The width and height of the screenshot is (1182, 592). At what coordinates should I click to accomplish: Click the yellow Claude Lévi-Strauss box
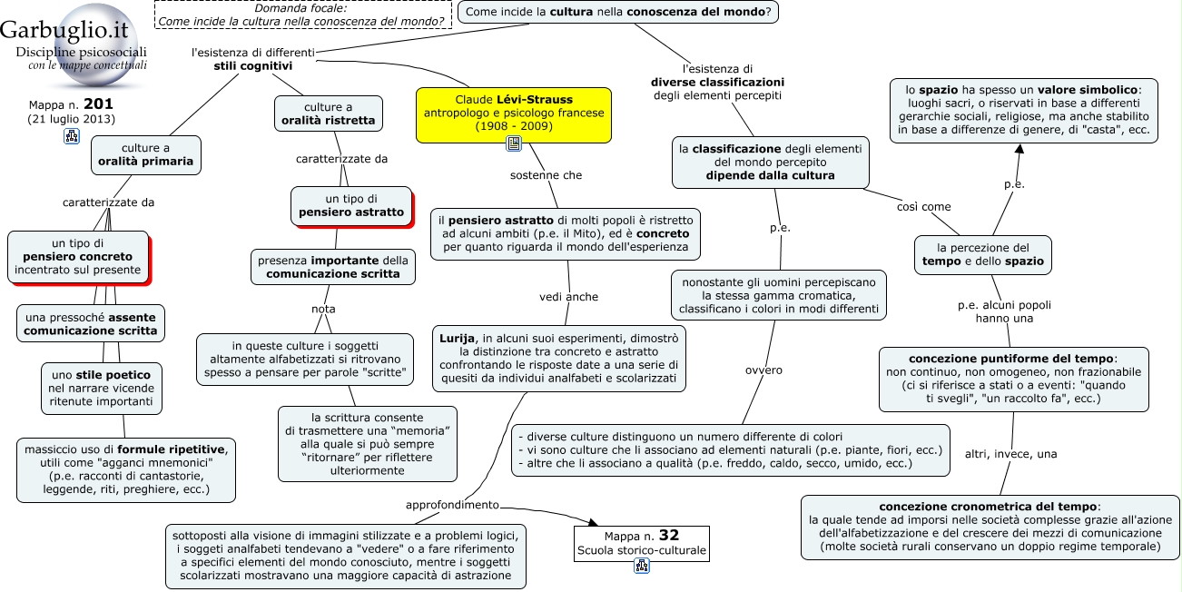[514, 115]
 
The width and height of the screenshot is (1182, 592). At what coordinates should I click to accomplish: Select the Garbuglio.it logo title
[64, 30]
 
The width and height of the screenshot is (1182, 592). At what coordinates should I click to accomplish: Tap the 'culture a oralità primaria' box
[145, 155]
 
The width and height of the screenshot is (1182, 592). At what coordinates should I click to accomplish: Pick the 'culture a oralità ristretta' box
[329, 113]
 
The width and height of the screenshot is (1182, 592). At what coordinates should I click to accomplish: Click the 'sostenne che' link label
[546, 175]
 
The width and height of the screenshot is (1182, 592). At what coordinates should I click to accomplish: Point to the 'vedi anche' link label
[568, 297]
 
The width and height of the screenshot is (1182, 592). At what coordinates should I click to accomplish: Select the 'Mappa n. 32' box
[642, 544]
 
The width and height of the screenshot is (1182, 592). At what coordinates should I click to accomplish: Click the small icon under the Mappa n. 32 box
[642, 567]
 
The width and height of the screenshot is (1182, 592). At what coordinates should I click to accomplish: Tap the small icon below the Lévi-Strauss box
[514, 143]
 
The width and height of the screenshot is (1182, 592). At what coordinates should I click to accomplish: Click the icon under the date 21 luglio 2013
[72, 136]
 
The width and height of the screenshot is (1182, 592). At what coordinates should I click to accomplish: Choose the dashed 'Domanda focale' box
[303, 15]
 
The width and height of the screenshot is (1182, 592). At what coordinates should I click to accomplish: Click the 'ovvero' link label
[763, 370]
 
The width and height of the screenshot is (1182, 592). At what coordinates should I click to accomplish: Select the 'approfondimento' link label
[452, 505]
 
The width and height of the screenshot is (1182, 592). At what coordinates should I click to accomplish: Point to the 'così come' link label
[923, 207]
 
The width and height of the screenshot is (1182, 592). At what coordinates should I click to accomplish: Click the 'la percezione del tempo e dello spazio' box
[982, 255]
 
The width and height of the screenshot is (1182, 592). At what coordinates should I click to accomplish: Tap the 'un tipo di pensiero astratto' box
[351, 206]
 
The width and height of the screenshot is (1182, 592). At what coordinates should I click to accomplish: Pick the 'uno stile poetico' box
[102, 389]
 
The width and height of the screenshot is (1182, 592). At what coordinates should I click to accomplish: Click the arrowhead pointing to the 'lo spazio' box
[1019, 149]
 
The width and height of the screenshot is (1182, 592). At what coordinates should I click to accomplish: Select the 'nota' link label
[323, 310]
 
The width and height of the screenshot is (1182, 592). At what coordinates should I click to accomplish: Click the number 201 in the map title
[98, 104]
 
